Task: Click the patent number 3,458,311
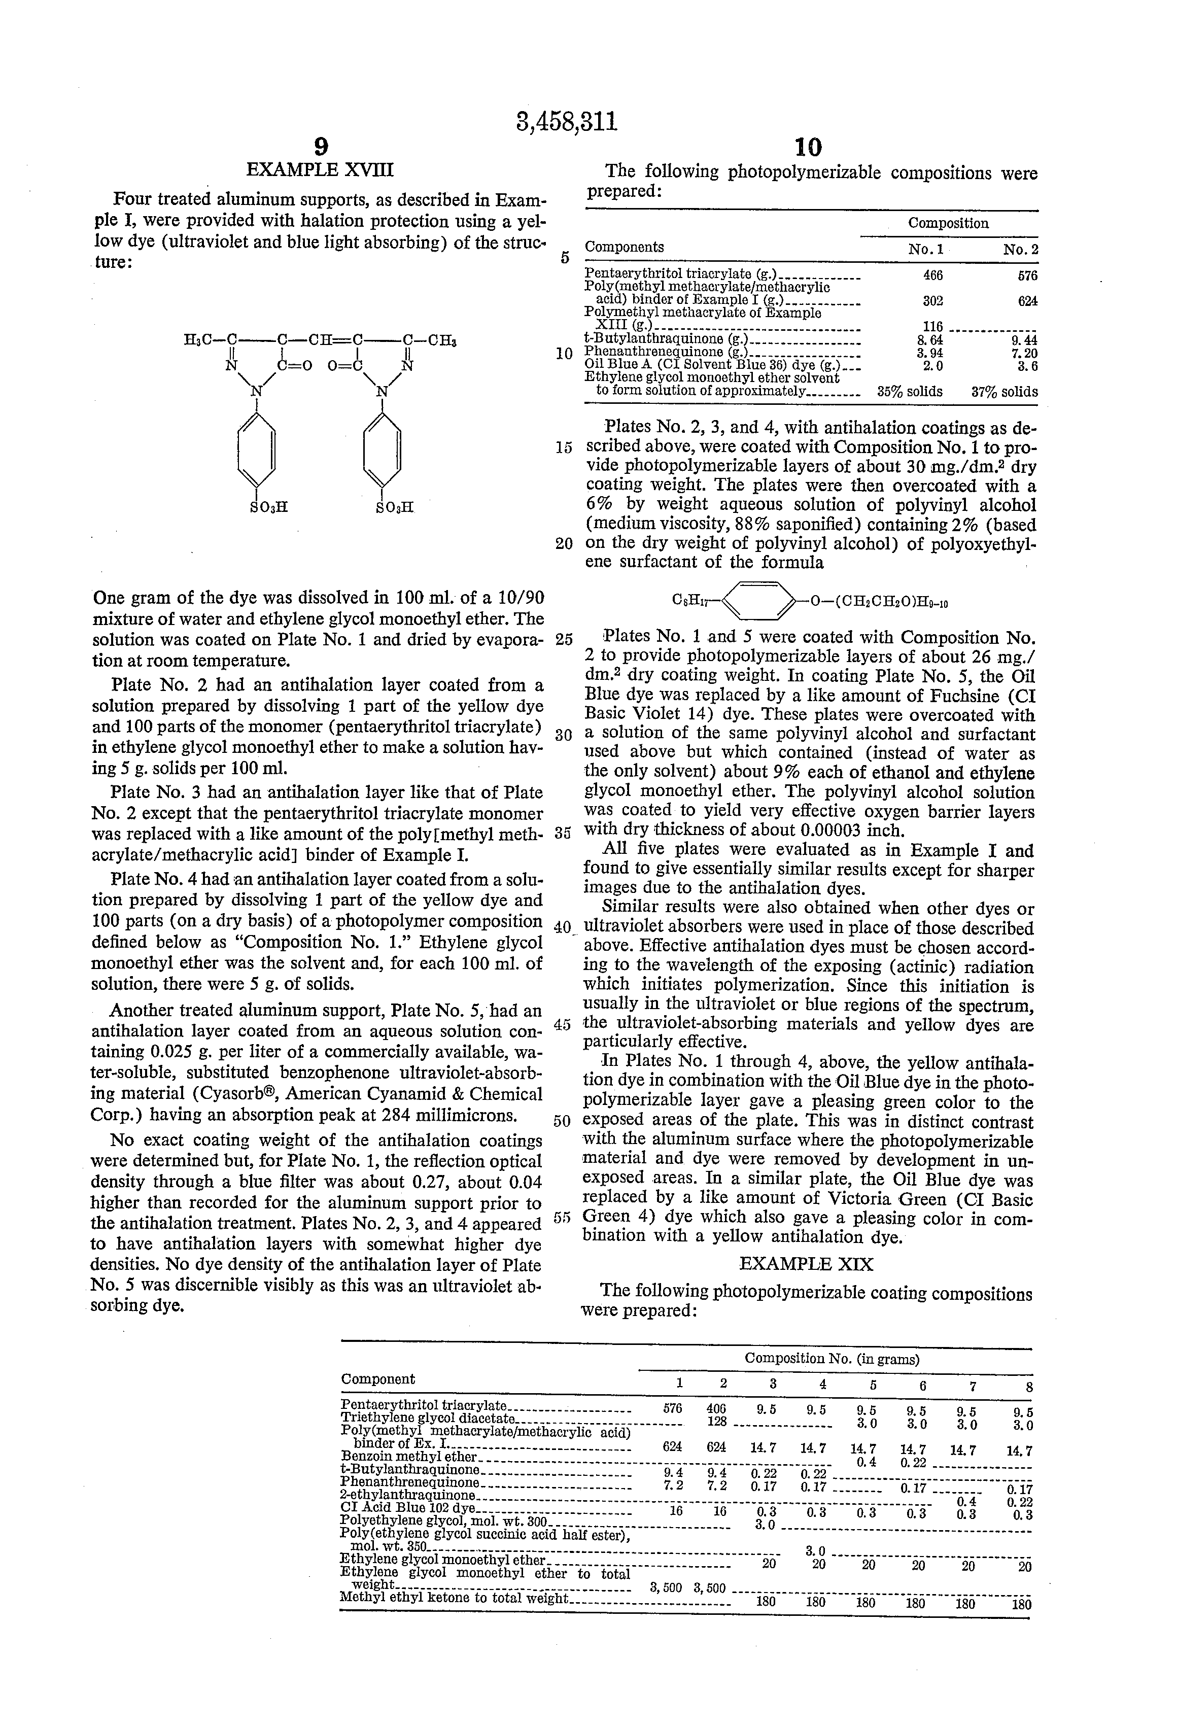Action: click(x=566, y=121)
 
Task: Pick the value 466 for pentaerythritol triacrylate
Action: click(x=932, y=275)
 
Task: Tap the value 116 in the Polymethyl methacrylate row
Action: click(x=932, y=327)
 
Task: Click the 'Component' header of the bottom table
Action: click(x=378, y=1378)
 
